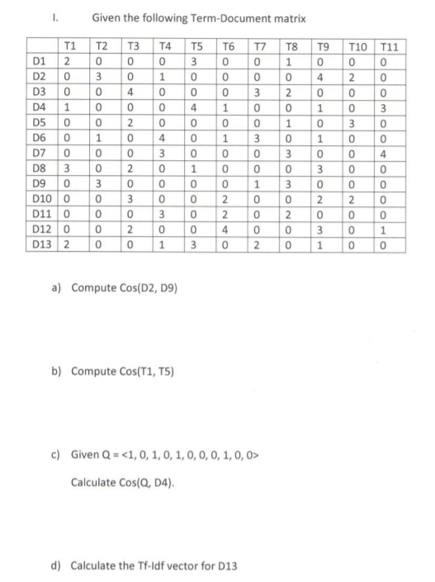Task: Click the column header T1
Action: point(70,48)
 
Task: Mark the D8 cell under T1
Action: point(69,168)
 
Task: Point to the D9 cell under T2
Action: point(100,184)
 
